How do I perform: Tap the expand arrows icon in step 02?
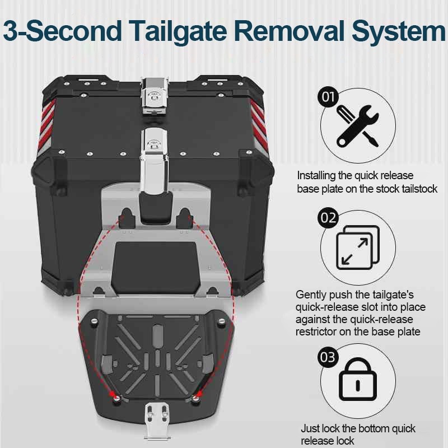tap(356, 247)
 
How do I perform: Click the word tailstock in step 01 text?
tap(417, 189)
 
